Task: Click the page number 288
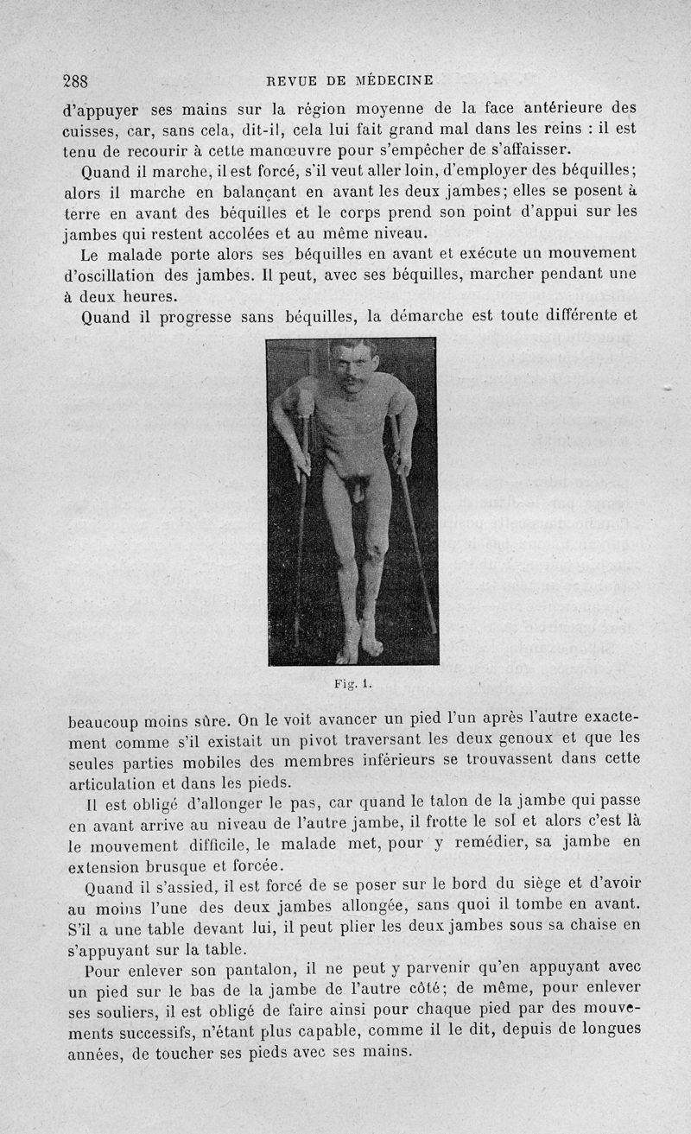(x=76, y=81)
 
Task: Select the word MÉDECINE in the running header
(x=394, y=80)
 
